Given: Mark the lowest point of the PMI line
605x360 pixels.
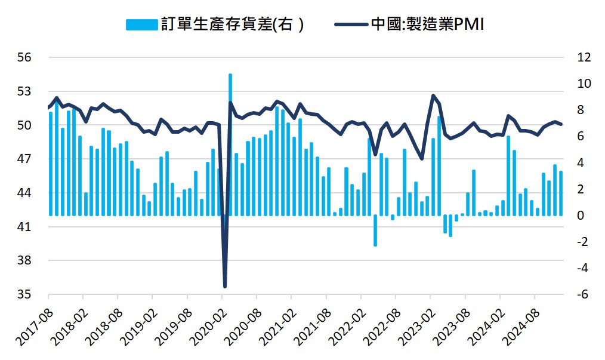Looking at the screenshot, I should pyautogui.click(x=225, y=287).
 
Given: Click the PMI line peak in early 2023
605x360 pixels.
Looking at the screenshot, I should pyautogui.click(x=433, y=96).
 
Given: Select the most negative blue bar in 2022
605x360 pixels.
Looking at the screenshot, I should pyautogui.click(x=375, y=230).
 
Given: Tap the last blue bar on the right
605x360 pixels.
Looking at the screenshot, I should pyautogui.click(x=561, y=193).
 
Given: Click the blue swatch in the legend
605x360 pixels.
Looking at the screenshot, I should pyautogui.click(x=142, y=24).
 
